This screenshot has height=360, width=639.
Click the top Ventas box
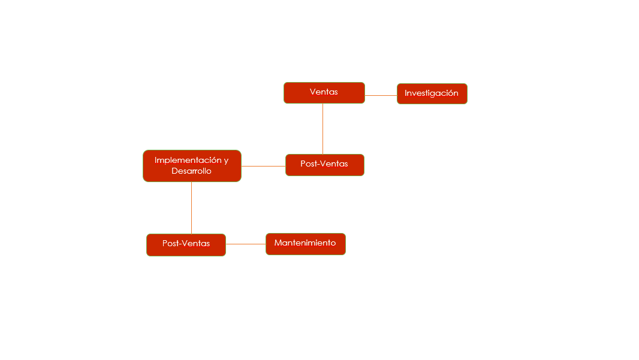(x=324, y=93)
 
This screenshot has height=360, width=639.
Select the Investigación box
(x=432, y=93)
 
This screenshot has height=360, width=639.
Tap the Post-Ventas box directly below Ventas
(x=325, y=165)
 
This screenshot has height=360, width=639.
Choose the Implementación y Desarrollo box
(x=192, y=166)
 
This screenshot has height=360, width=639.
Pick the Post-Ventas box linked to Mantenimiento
(x=186, y=245)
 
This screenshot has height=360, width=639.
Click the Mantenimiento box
(x=306, y=244)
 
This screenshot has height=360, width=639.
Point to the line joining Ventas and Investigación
(x=381, y=95)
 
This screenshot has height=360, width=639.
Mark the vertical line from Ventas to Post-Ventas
(x=322, y=129)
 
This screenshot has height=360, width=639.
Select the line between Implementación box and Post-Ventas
(x=263, y=166)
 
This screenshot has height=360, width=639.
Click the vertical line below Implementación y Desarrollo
(x=192, y=208)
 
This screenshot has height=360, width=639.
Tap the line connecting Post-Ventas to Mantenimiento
(x=246, y=244)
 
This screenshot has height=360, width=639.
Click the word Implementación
(x=188, y=160)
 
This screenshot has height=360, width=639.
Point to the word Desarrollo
(x=192, y=171)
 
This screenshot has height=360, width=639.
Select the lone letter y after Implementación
(x=226, y=161)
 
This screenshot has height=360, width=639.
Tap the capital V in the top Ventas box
(x=312, y=92)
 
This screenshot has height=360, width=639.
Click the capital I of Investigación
(x=406, y=93)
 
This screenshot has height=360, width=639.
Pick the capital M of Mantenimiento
(x=278, y=243)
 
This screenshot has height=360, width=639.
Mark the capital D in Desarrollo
(x=174, y=171)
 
